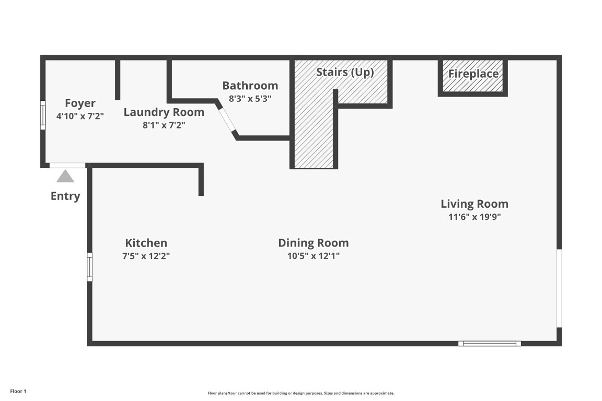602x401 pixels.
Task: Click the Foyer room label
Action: [80, 103]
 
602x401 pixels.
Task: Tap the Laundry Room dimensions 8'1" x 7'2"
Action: [164, 125]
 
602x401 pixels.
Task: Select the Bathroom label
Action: [250, 85]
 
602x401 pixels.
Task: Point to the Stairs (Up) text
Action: [345, 72]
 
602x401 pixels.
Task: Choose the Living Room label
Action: [474, 204]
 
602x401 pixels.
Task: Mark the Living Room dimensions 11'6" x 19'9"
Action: [474, 217]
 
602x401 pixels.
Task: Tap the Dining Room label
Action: [313, 243]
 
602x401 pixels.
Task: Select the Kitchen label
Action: [146, 243]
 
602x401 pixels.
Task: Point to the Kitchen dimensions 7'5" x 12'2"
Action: [146, 256]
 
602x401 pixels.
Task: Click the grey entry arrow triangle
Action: [65, 176]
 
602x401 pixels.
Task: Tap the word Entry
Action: [65, 196]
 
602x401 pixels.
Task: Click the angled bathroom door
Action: [227, 121]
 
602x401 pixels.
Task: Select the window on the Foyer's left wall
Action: [43, 114]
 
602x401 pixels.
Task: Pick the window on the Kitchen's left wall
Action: [89, 266]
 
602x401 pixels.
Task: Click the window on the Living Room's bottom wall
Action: [490, 343]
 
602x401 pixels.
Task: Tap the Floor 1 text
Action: [18, 391]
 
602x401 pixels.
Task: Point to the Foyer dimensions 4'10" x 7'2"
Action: [80, 116]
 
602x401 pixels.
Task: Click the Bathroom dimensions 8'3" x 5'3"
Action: [250, 98]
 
